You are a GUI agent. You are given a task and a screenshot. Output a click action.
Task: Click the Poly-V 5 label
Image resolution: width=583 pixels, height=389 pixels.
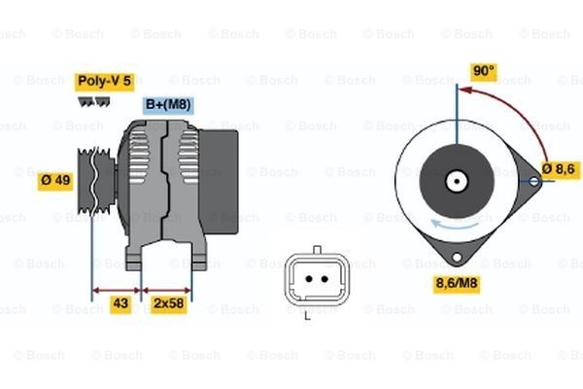pyautogui.click(x=105, y=82)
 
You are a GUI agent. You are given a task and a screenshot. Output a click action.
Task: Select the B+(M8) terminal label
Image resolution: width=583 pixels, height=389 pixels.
pyautogui.click(x=168, y=105)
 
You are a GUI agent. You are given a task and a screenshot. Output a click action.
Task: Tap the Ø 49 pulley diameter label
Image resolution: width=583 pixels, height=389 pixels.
pyautogui.click(x=55, y=181)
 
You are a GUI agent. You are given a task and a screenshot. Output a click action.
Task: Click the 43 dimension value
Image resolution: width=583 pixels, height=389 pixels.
pyautogui.click(x=120, y=303)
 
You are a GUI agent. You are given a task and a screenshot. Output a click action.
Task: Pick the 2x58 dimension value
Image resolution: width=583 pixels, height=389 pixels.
pyautogui.click(x=168, y=303)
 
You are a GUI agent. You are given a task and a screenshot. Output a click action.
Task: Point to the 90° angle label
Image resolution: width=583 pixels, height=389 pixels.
pyautogui.click(x=484, y=71)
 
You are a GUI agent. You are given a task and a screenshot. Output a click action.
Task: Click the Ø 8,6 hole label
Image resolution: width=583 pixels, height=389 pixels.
pyautogui.click(x=559, y=169)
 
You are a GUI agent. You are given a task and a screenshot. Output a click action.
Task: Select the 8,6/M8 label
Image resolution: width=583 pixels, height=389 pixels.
pyautogui.click(x=457, y=284)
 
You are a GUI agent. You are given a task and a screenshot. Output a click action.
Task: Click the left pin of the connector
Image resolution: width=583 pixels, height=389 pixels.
pyautogui.click(x=309, y=279)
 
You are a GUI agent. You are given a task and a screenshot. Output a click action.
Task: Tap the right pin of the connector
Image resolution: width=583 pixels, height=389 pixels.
pyautogui.click(x=325, y=279)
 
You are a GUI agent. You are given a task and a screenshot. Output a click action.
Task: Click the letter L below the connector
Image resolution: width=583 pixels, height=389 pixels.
pyautogui.click(x=307, y=316)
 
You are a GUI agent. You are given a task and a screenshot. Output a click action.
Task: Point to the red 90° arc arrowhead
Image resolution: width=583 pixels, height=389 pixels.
pyautogui.click(x=464, y=90)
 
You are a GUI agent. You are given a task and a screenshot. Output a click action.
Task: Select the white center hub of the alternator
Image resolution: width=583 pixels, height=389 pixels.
pyautogui.click(x=457, y=182)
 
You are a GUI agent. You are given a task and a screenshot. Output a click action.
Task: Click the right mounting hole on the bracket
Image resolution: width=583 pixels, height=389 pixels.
pyautogui.click(x=533, y=182)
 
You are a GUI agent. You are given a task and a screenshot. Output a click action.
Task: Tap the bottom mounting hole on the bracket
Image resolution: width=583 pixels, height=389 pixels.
pyautogui.click(x=457, y=257)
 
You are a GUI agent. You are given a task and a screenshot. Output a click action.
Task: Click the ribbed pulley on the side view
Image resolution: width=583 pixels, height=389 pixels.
pyautogui.click(x=95, y=181)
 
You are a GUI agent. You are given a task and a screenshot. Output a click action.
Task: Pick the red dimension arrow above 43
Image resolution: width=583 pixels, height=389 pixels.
pyautogui.click(x=117, y=291)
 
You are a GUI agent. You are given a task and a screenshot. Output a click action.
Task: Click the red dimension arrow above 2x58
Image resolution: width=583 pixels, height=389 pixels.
pyautogui.click(x=166, y=291)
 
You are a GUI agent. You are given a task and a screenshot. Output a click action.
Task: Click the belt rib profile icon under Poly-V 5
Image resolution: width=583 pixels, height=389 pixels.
pyautogui.click(x=94, y=102)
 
